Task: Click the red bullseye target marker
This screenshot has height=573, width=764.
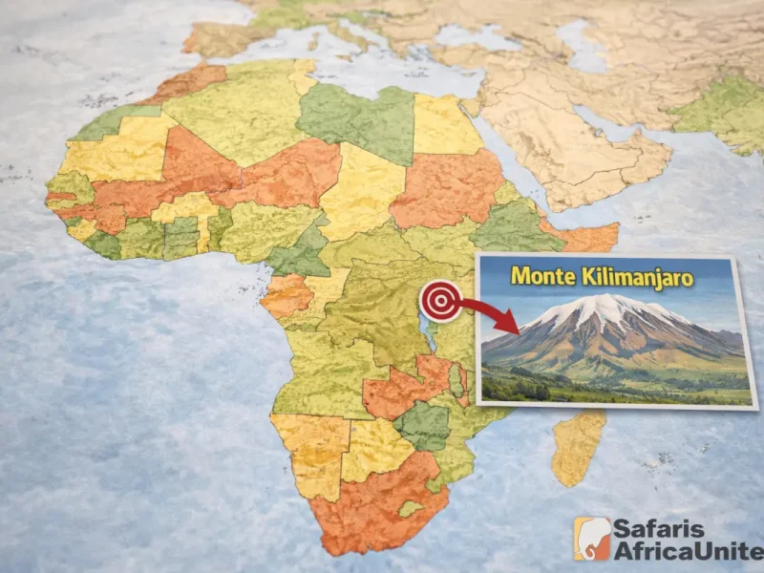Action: (439, 301)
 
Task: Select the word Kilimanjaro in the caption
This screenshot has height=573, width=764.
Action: (639, 277)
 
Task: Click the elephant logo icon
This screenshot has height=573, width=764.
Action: (592, 539)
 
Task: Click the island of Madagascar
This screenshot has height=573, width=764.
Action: (579, 444)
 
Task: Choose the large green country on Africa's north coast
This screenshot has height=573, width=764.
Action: (358, 119)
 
